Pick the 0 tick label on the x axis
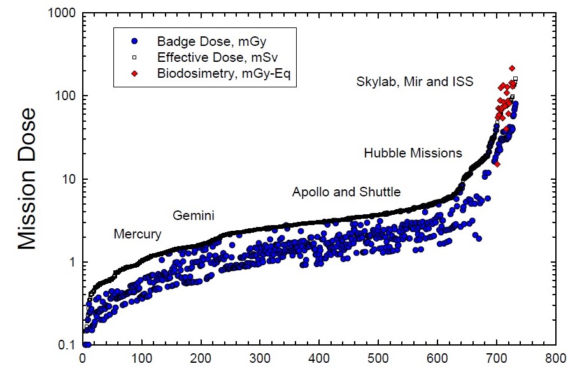83,358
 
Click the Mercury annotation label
137,234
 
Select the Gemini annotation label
193,216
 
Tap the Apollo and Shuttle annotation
346,191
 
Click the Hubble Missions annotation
413,153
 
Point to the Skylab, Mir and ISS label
415,82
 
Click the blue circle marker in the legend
134,41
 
